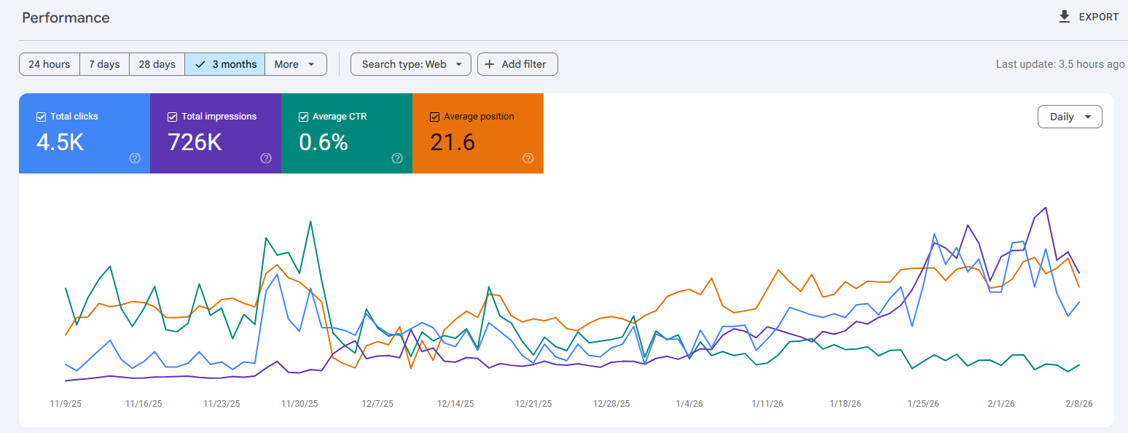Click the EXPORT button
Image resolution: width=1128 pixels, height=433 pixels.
(x=1089, y=17)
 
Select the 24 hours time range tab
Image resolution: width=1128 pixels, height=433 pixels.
(x=50, y=64)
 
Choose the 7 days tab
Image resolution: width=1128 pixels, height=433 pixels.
(x=104, y=64)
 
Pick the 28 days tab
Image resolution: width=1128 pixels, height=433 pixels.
(x=157, y=64)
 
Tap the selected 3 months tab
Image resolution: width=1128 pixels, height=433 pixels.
(x=225, y=64)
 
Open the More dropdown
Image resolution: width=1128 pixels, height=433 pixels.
(x=295, y=64)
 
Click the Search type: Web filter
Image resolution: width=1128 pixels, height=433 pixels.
(x=411, y=64)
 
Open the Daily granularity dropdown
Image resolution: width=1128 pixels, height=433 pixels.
(x=1069, y=117)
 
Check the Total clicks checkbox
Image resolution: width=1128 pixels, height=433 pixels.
(x=42, y=117)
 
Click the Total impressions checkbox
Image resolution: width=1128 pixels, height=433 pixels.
(x=173, y=117)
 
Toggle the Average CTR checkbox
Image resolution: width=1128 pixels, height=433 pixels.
(x=304, y=117)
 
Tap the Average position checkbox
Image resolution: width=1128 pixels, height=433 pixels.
(x=435, y=117)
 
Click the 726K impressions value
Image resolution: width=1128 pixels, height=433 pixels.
(x=195, y=142)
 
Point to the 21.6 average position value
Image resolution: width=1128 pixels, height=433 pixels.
(x=453, y=142)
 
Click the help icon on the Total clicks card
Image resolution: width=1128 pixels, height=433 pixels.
(x=135, y=158)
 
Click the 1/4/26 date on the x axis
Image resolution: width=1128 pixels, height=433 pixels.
(x=689, y=403)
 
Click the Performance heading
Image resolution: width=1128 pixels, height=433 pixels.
(x=66, y=17)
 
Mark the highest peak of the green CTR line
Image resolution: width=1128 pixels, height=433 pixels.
(x=311, y=222)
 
